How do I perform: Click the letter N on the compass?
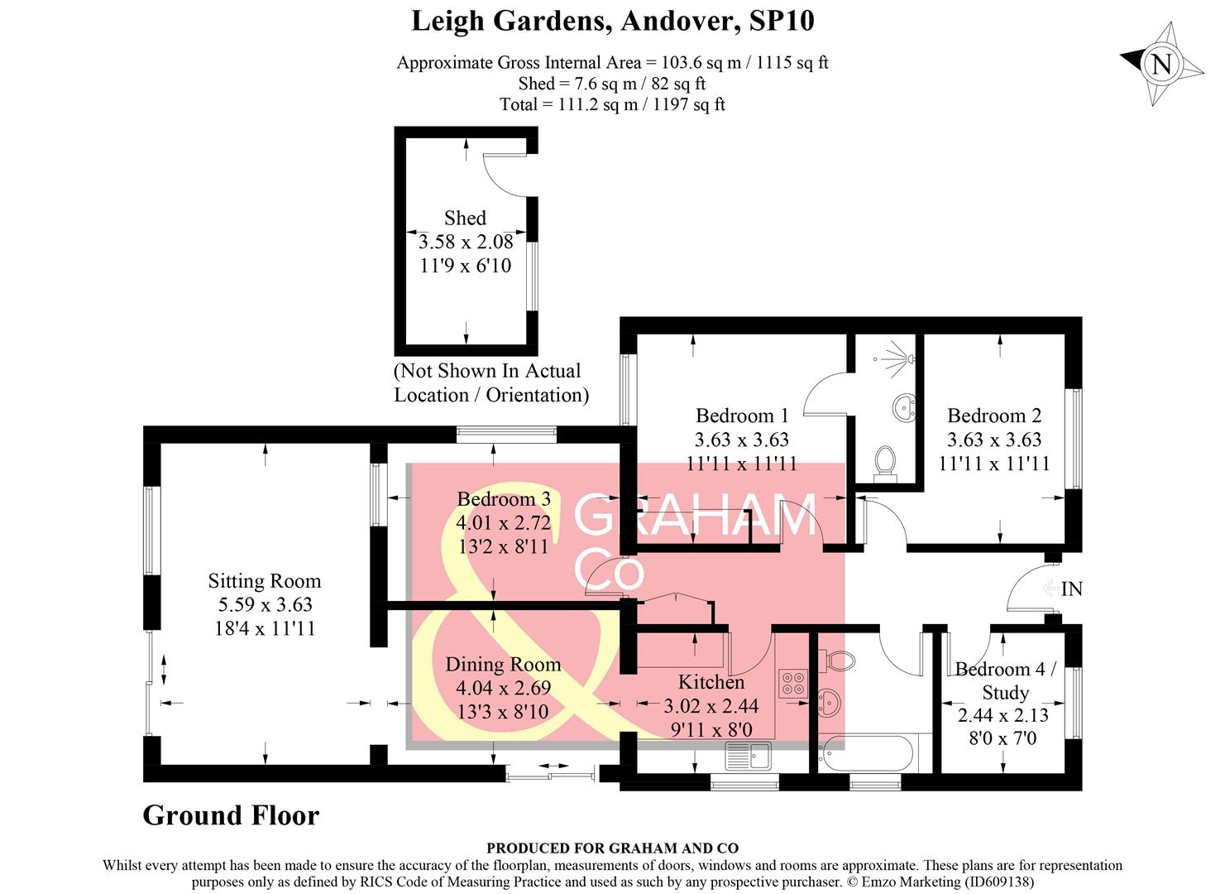tap(1160, 65)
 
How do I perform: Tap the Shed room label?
tap(465, 218)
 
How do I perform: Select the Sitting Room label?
tap(264, 581)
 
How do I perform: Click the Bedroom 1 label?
tap(742, 416)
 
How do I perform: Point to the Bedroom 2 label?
tap(993, 416)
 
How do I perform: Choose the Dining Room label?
tap(503, 664)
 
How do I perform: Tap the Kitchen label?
tap(711, 681)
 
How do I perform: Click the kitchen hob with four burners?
tap(793, 683)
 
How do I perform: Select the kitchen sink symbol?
tap(748, 756)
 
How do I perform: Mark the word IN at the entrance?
tap(1071, 589)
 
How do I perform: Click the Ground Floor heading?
tap(231, 815)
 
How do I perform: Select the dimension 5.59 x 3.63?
tap(265, 604)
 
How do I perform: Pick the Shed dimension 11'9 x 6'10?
tap(466, 266)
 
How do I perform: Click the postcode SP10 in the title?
tap(782, 22)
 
